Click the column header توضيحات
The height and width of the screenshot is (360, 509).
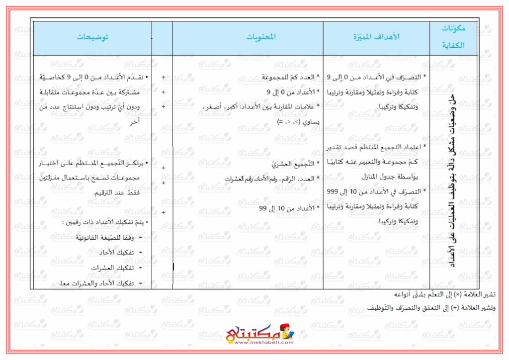click(93, 37)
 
